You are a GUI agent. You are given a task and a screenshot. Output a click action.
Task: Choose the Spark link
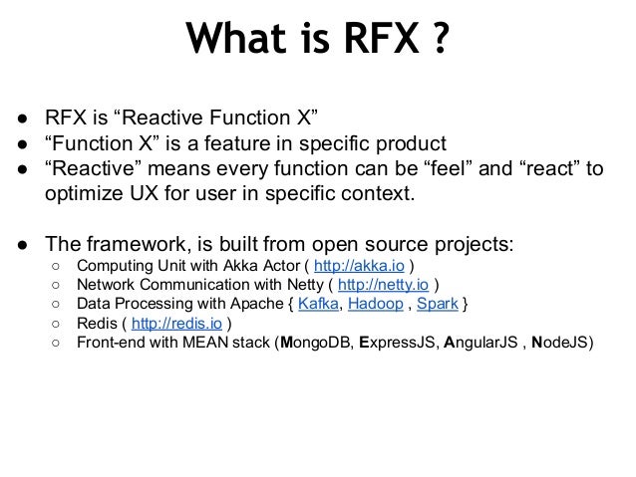pyautogui.click(x=439, y=305)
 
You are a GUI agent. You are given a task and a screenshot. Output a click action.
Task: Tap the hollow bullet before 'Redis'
pyautogui.click(x=58, y=324)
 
